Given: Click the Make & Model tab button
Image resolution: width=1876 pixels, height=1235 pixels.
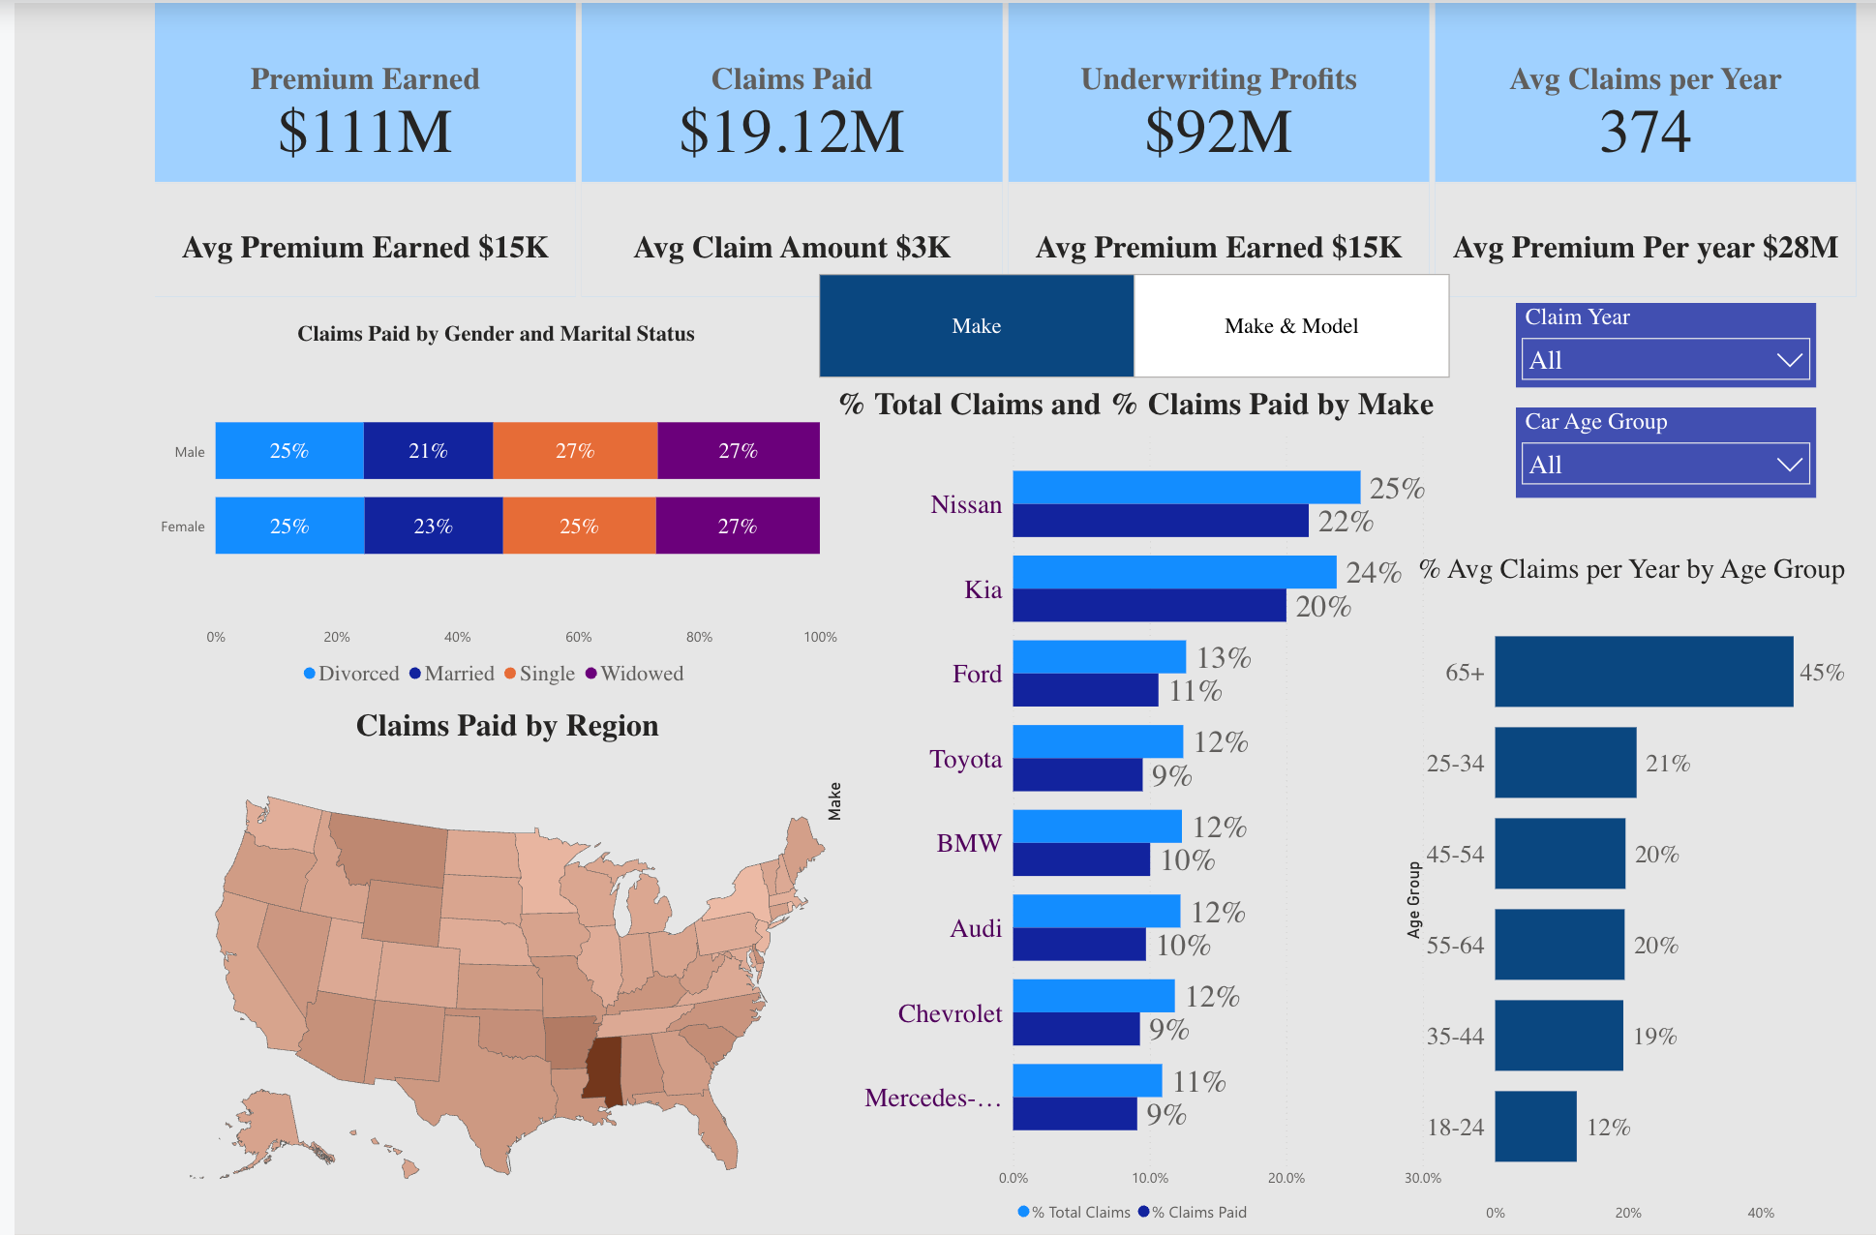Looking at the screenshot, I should click(1290, 326).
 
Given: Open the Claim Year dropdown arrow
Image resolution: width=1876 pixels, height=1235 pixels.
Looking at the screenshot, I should click(1789, 360).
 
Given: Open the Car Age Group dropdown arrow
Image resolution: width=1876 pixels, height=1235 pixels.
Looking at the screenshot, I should click(1789, 465).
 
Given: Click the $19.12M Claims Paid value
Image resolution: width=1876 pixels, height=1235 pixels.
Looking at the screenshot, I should click(791, 132).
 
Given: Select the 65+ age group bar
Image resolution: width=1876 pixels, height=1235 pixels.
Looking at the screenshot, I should click(1643, 672).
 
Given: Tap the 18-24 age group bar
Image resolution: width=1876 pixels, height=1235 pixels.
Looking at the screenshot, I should click(1535, 1127).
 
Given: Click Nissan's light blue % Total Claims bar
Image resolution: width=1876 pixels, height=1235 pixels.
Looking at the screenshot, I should click(1186, 488).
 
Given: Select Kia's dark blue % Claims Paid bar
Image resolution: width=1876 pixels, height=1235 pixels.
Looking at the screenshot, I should click(1149, 606).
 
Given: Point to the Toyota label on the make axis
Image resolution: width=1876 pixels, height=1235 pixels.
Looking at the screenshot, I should click(965, 759).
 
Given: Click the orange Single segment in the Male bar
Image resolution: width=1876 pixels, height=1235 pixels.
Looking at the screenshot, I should click(575, 451).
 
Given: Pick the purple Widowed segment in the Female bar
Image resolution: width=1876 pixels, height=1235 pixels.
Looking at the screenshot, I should click(738, 527).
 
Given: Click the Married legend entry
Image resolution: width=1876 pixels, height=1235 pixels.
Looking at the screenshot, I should click(452, 674).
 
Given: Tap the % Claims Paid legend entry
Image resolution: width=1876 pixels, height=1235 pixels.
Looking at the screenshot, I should click(1193, 1212).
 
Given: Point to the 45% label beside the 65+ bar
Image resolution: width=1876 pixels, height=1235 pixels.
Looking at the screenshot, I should click(1821, 673).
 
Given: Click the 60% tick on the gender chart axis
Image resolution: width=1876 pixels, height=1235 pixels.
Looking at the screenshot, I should click(578, 637).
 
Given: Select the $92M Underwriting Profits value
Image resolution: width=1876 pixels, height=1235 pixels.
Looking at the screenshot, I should click(1218, 132).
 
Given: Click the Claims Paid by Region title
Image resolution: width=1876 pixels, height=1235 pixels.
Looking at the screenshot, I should click(507, 726).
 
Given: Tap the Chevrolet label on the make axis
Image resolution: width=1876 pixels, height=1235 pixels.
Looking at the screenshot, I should click(950, 1013).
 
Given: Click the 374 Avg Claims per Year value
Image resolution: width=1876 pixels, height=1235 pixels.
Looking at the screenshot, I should click(1645, 132).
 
